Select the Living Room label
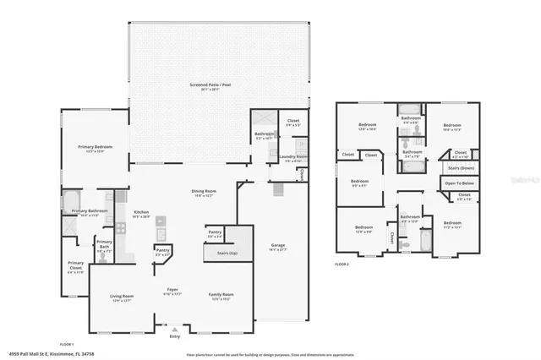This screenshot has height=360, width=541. click(x=123, y=296)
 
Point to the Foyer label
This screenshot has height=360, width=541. click(x=172, y=290)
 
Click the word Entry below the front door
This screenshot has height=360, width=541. click(x=175, y=336)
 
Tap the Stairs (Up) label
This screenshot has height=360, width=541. click(x=228, y=253)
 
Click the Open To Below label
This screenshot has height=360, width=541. click(x=459, y=183)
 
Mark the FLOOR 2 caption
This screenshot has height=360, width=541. click(x=342, y=265)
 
